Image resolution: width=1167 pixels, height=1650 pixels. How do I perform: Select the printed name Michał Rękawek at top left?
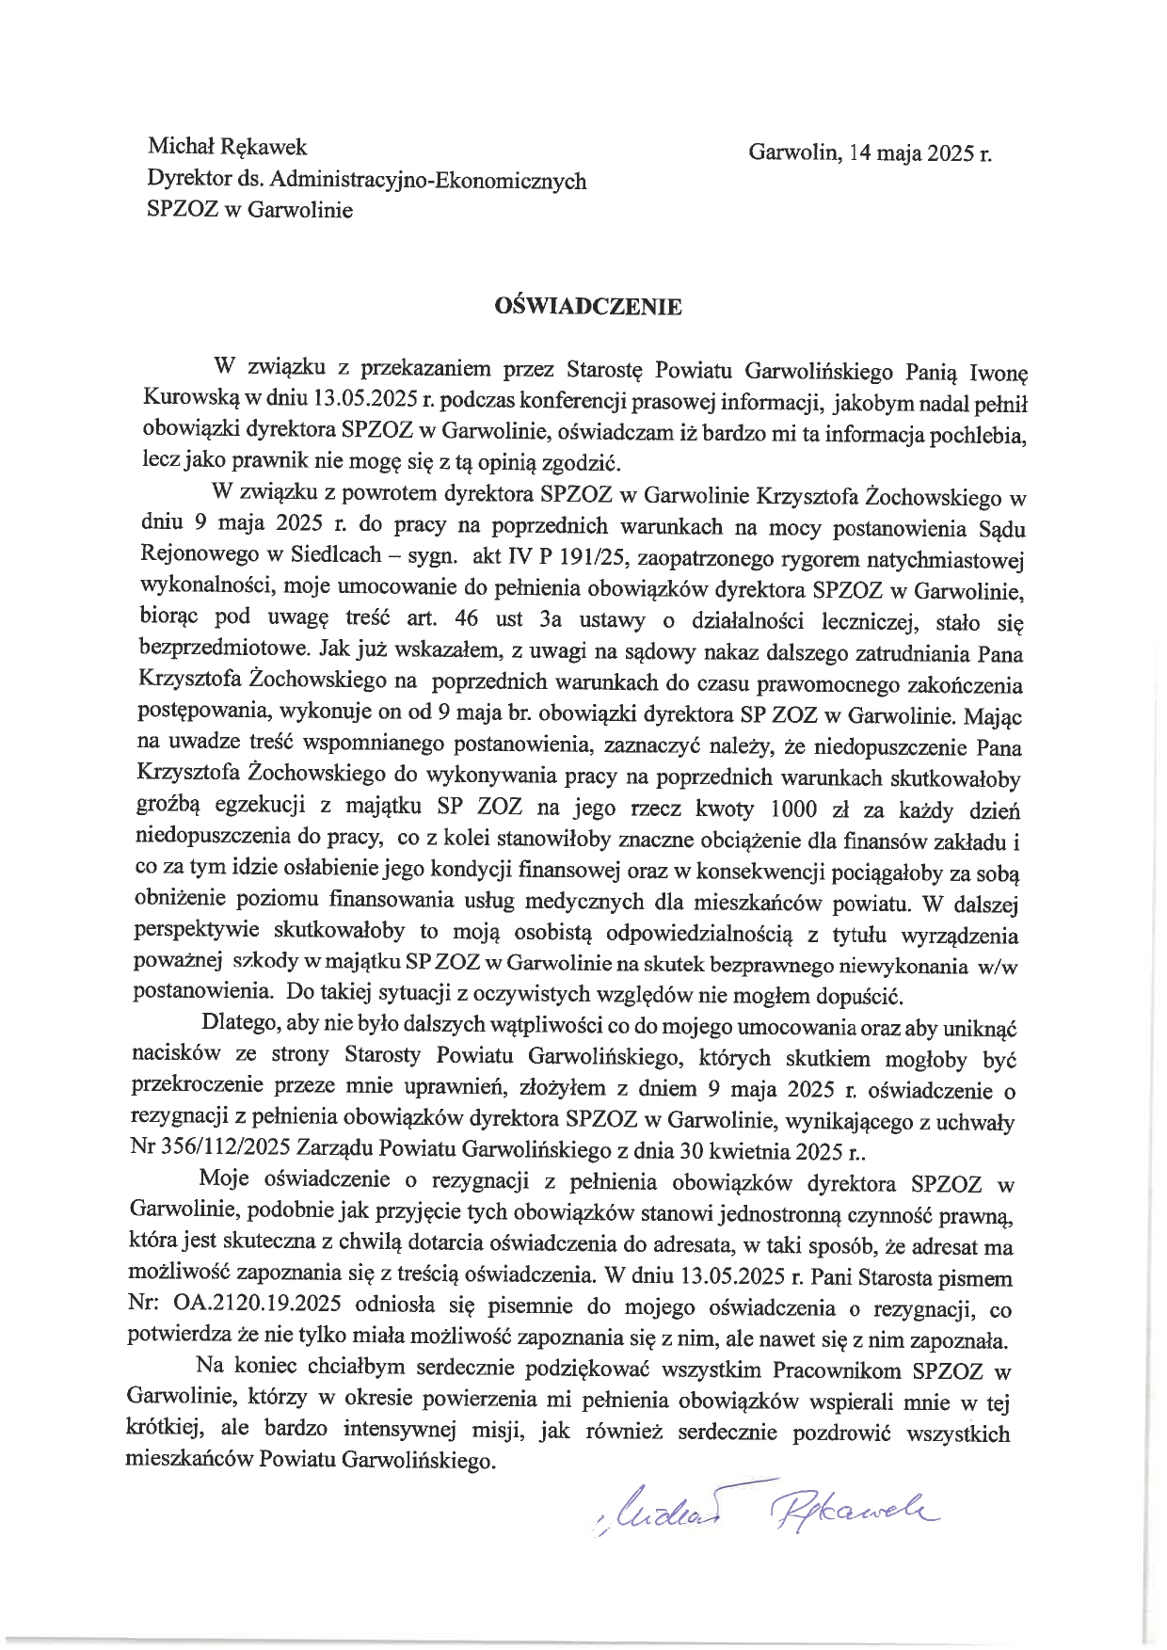[x=227, y=148]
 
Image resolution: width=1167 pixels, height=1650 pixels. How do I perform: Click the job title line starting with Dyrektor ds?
[x=367, y=179]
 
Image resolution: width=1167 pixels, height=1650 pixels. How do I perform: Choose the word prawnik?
[x=265, y=463]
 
